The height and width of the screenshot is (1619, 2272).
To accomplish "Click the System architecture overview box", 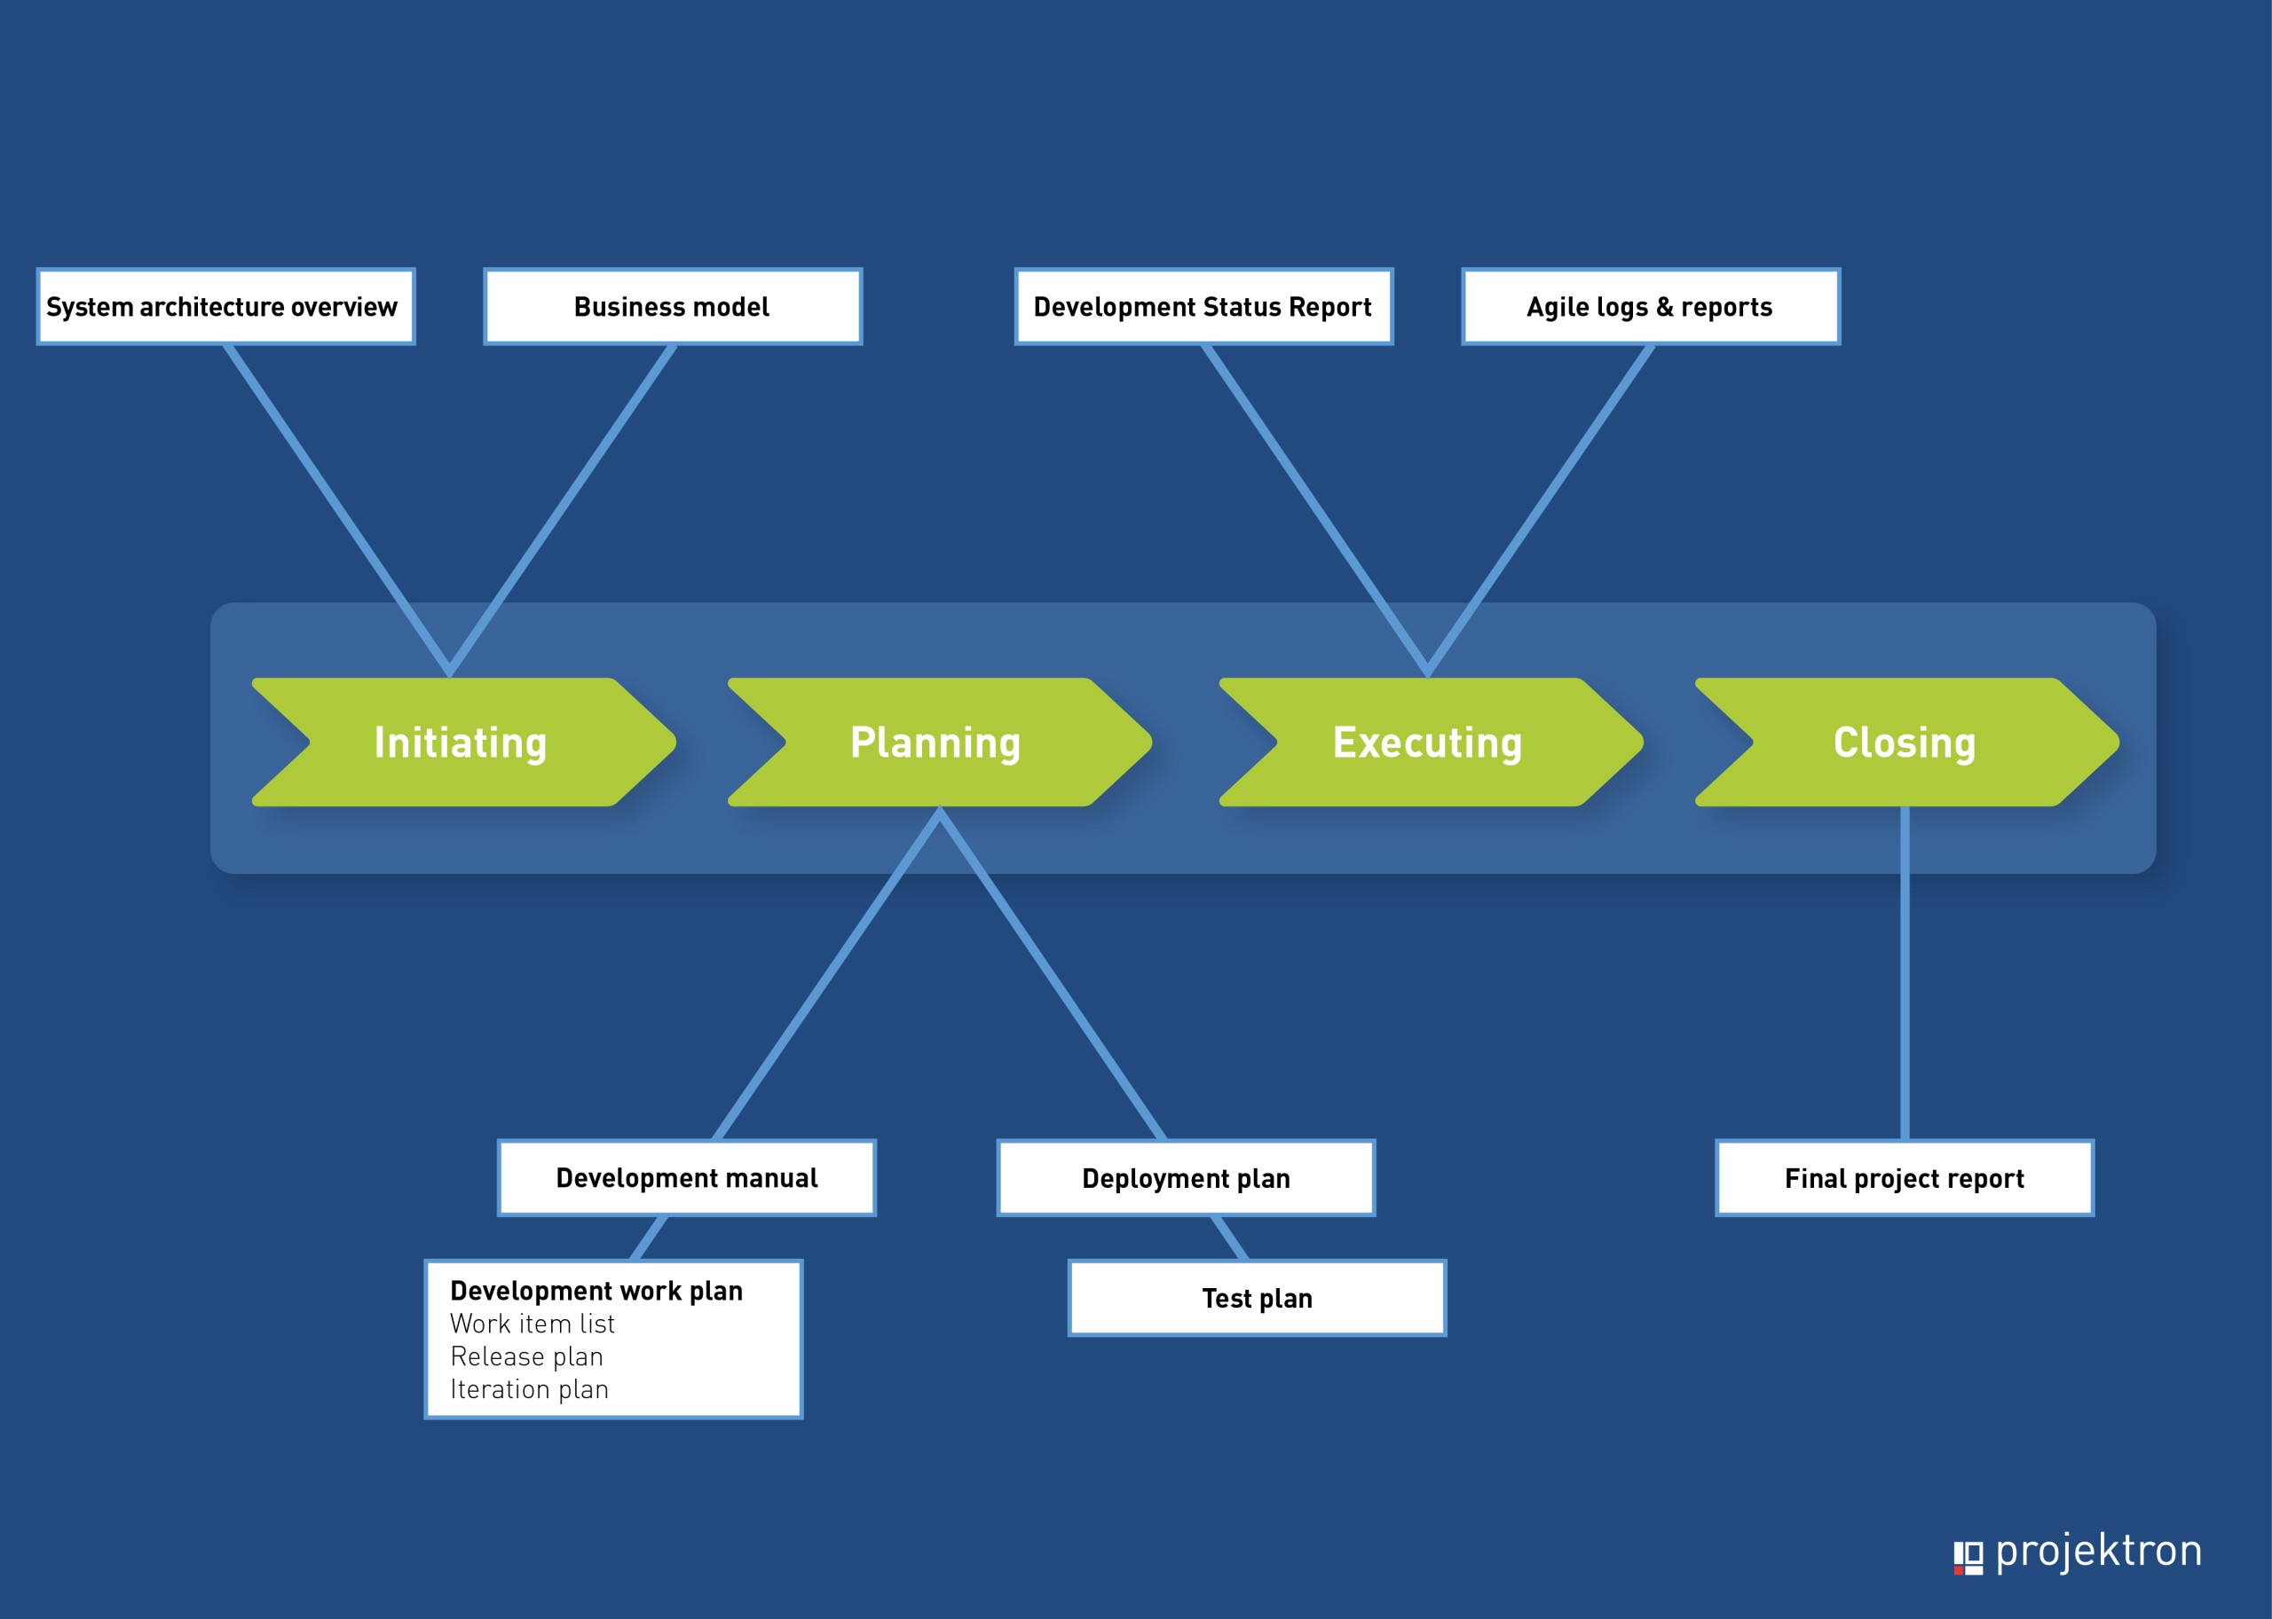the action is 225,307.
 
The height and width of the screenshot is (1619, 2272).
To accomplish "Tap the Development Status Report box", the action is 1203,307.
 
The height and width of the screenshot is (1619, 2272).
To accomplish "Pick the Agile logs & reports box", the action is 1651,307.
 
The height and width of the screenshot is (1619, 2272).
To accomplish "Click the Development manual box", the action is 687,1177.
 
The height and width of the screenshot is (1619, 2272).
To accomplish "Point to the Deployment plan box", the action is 1186,1177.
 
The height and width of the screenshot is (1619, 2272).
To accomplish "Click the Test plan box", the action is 1257,1298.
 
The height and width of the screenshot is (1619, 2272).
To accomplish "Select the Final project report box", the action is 1904,1177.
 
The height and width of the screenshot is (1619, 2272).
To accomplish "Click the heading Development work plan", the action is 596,1291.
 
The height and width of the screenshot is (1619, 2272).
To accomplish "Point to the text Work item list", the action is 532,1324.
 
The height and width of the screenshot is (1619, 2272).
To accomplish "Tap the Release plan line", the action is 526,1356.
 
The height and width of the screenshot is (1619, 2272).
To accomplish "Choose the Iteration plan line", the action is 530,1390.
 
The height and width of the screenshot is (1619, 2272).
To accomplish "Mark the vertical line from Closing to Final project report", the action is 1905,973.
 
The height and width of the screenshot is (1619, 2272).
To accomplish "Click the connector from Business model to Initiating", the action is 562,510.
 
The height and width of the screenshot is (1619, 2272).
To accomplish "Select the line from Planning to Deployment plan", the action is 1053,974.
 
